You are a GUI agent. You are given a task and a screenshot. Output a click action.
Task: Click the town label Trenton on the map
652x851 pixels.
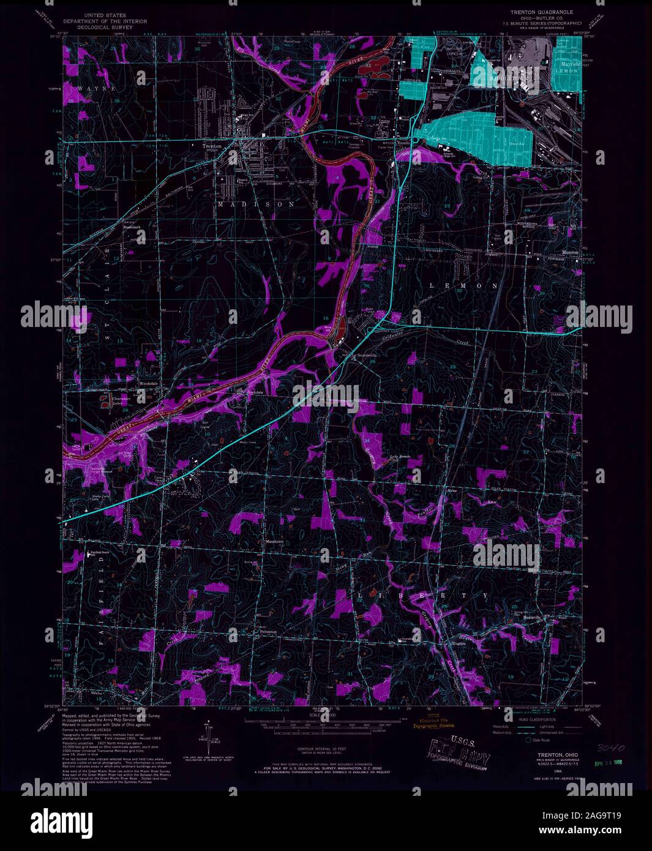pyautogui.click(x=212, y=146)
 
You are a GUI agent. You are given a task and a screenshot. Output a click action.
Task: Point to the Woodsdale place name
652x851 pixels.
pyautogui.click(x=149, y=384)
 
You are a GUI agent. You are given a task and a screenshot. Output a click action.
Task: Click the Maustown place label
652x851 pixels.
pyautogui.click(x=274, y=541)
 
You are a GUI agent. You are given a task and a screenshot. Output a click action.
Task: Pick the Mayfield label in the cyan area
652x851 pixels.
pyautogui.click(x=566, y=64)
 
